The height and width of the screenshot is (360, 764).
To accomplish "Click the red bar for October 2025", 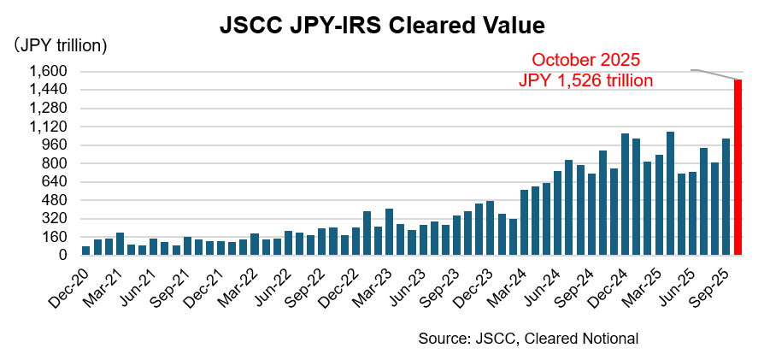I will [x=737, y=168].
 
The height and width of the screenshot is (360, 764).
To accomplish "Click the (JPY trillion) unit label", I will [x=59, y=45].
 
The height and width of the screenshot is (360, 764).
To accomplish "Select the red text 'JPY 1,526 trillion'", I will [x=585, y=81].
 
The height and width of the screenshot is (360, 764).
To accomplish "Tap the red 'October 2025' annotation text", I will [x=585, y=61].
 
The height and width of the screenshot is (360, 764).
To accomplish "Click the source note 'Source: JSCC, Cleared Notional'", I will [x=527, y=339].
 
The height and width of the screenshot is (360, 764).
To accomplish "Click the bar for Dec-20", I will [x=86, y=251].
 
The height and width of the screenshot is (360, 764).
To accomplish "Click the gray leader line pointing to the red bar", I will [x=716, y=74].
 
